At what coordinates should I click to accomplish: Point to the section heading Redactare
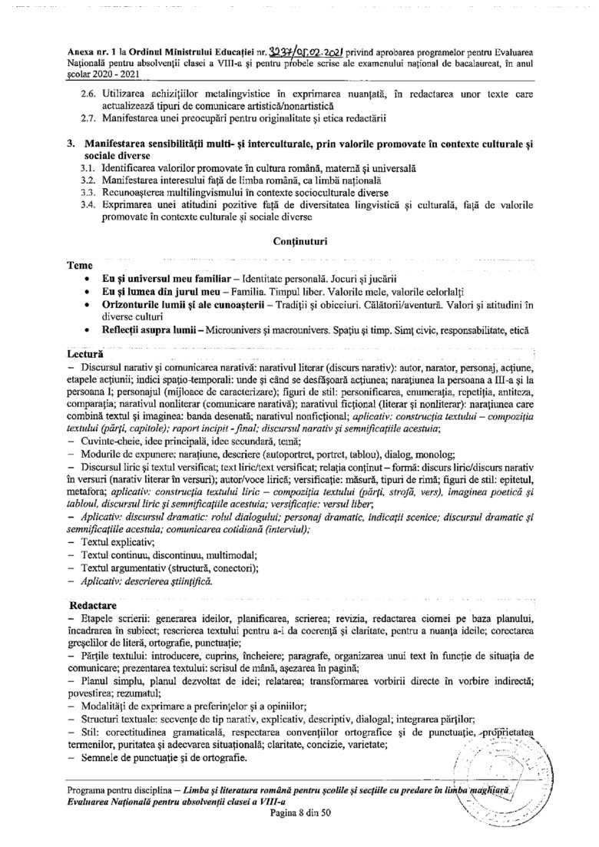[x=93, y=606]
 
